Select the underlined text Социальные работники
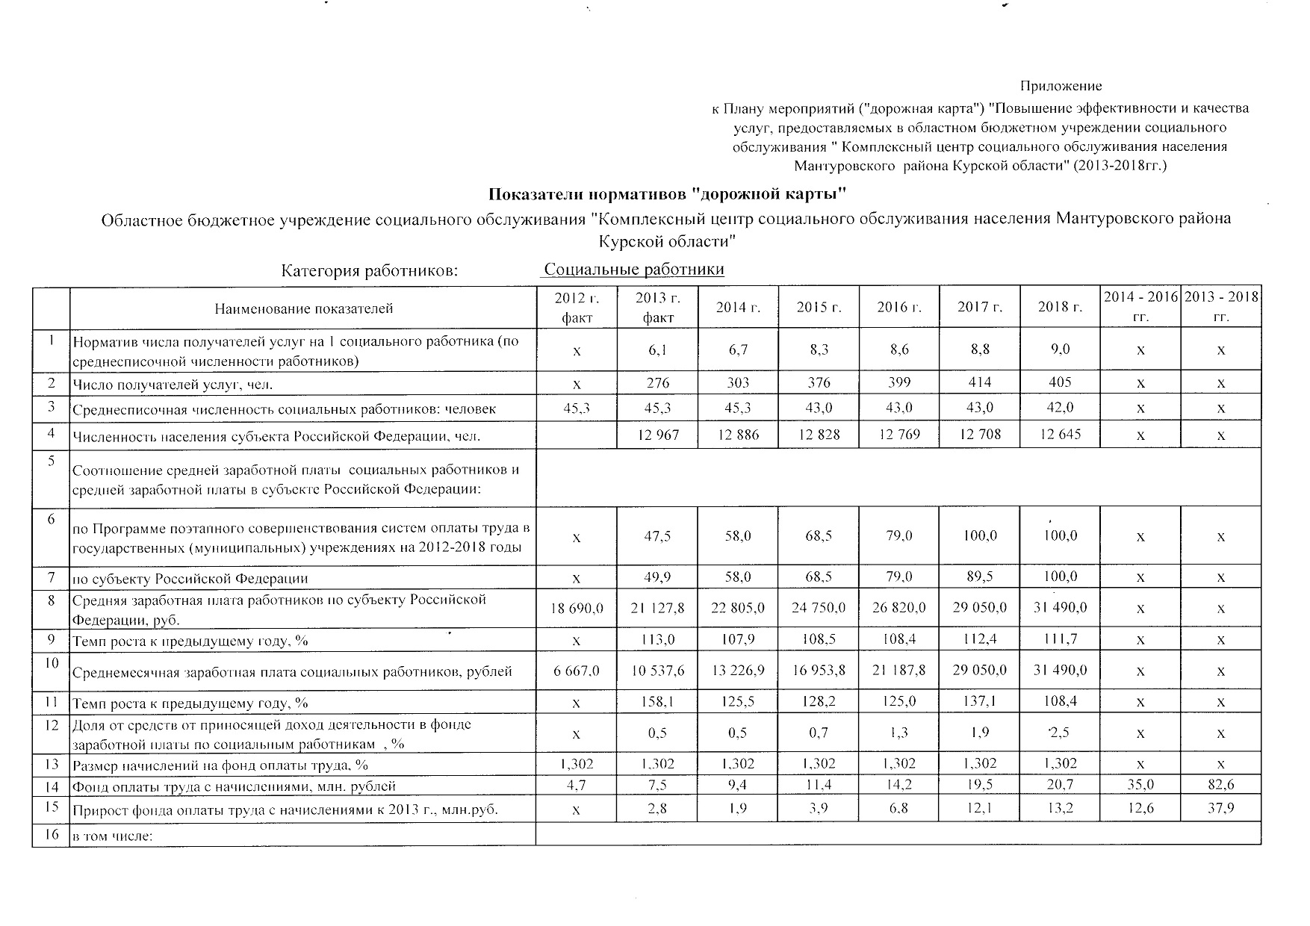[x=634, y=270]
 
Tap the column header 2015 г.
[x=819, y=307]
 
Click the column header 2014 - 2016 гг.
[x=1140, y=307]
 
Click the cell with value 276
[x=657, y=382]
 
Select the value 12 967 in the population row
[x=657, y=434]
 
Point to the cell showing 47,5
[x=657, y=536]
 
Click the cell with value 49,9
[x=657, y=577]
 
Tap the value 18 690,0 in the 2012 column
[x=577, y=608]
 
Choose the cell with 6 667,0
[x=577, y=671]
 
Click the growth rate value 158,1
[x=657, y=702]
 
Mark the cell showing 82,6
[x=1220, y=785]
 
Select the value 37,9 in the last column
[x=1220, y=809]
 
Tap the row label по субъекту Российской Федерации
[x=190, y=578]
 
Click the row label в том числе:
[x=112, y=836]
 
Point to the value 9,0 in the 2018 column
[x=1060, y=349]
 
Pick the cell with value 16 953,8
[x=819, y=671]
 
